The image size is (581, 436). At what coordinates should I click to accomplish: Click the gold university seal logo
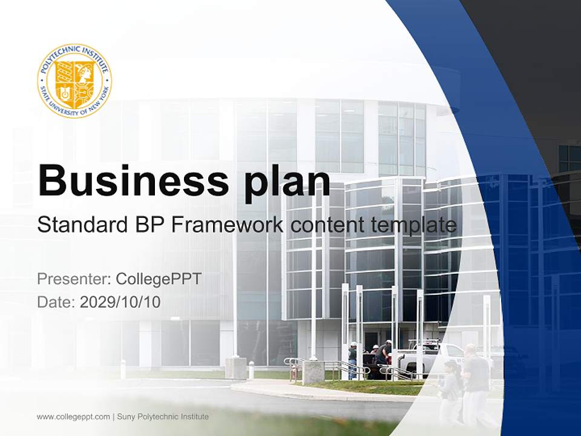coord(74,81)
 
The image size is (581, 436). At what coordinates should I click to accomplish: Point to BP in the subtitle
coord(147,225)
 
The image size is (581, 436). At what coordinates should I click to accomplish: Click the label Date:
coord(56,302)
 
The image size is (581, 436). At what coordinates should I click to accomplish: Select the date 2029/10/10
coord(120,302)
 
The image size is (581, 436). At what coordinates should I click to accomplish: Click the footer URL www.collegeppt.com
coord(73,417)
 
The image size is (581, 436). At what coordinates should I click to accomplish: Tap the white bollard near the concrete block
coord(251,369)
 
